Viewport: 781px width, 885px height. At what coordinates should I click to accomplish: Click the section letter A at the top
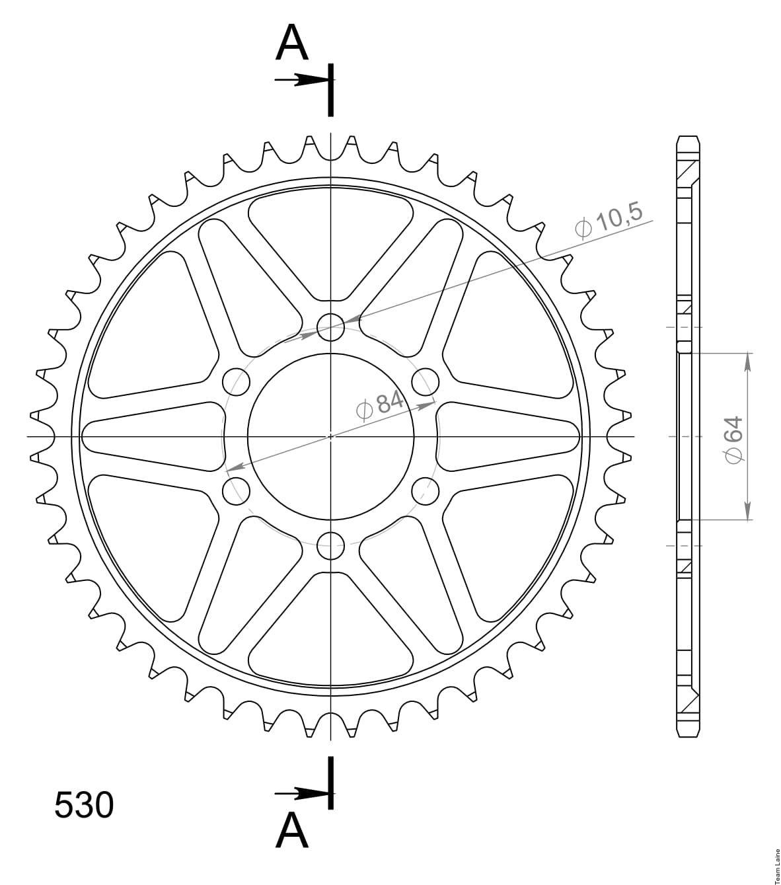click(x=292, y=42)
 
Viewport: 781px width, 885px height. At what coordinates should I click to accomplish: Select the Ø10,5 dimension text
click(x=609, y=221)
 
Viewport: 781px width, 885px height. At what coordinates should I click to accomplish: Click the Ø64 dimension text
click(x=733, y=440)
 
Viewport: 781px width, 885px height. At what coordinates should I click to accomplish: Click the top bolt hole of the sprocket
click(x=330, y=327)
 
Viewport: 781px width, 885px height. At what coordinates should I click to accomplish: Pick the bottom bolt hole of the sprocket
click(x=330, y=545)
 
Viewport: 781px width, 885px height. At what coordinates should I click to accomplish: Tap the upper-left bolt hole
click(x=236, y=382)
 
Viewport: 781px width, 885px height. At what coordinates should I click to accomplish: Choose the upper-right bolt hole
click(x=426, y=382)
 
